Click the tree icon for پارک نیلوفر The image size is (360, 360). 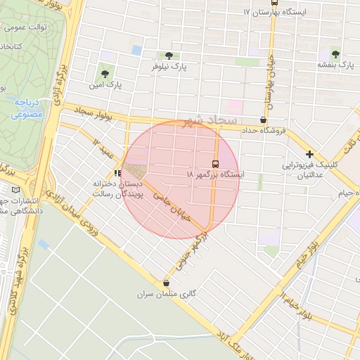tap(167, 56)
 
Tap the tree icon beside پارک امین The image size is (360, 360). tap(105, 73)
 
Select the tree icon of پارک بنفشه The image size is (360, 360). tap(335, 54)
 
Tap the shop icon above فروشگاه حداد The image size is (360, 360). tap(262, 120)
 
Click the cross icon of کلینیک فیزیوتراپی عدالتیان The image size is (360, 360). tap(309, 154)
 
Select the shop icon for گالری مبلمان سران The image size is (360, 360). tap(166, 282)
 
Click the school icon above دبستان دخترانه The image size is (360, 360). tap(117, 172)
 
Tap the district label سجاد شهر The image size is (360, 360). tap(210, 121)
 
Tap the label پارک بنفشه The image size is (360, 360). tap(334, 65)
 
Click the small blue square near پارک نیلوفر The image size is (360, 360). tap(136, 50)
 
